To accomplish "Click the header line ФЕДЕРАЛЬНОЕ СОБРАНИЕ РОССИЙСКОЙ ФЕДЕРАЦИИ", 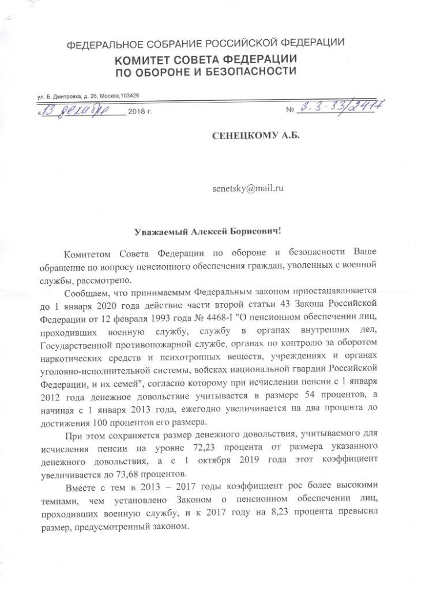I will (206, 44).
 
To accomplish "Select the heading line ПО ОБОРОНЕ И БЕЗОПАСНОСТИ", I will (206, 73).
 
